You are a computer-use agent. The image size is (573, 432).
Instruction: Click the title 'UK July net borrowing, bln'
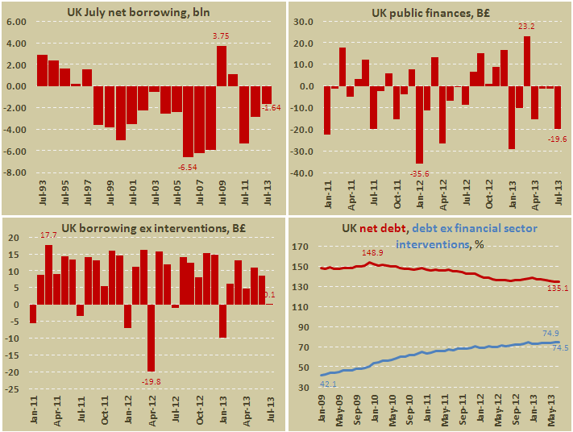click(x=144, y=13)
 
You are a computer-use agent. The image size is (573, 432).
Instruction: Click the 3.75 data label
click(x=220, y=36)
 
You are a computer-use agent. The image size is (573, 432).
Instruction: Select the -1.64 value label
click(x=272, y=108)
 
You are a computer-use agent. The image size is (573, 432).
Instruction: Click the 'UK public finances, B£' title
click(x=429, y=13)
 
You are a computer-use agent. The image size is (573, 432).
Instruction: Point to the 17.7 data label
click(x=49, y=236)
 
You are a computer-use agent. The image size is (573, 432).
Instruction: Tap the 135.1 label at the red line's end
click(x=557, y=288)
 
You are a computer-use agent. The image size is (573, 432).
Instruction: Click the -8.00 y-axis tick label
click(x=16, y=172)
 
